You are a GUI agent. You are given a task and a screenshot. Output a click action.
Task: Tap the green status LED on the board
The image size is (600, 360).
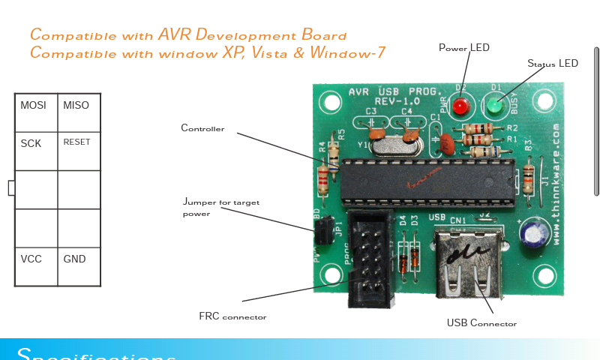[493, 109]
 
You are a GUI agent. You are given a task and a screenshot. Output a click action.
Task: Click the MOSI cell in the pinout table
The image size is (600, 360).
[34, 106]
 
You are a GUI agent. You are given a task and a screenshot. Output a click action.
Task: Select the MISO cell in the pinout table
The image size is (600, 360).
[76, 106]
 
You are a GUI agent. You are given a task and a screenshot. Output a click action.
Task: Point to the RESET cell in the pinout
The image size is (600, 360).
[76, 142]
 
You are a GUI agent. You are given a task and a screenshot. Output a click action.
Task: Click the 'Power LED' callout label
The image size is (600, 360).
[463, 48]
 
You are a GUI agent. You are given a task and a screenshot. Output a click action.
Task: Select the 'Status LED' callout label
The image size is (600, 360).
[553, 64]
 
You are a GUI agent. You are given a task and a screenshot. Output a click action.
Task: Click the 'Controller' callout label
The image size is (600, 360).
[202, 128]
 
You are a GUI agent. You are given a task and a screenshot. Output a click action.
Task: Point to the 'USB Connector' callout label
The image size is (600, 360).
[481, 323]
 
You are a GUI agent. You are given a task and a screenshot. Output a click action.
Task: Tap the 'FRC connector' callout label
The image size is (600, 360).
[232, 317]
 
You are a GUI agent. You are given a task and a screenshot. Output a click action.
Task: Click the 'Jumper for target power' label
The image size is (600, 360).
[220, 207]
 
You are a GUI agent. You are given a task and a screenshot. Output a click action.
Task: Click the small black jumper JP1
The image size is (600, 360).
[322, 232]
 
